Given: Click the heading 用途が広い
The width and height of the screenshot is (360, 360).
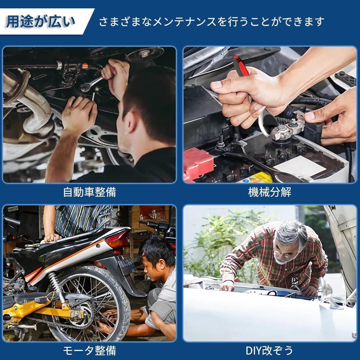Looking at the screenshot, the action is [40, 22].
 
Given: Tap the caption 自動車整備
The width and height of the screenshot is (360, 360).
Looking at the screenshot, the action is [90, 192].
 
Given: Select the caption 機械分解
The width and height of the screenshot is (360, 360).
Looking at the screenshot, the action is [270, 192].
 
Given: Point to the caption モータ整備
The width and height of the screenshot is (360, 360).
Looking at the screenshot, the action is [90, 350].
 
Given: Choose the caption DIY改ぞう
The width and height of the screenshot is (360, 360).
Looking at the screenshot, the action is [269, 350].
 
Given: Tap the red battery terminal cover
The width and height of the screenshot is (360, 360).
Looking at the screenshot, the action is [197, 164].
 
